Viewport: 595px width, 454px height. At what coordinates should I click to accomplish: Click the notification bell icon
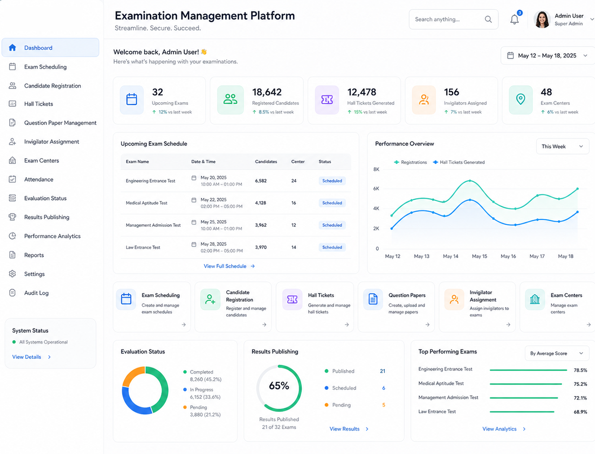pos(514,19)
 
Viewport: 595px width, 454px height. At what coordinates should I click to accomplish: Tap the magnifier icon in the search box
pos(488,19)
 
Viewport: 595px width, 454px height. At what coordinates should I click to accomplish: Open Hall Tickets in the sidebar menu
pos(39,104)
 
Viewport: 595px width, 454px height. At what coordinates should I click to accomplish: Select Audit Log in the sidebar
pos(36,293)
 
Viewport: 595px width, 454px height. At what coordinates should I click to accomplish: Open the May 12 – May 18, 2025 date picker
pos(547,56)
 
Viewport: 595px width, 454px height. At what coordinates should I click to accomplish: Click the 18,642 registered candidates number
pos(267,92)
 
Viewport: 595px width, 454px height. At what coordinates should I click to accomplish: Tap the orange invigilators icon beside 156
pos(424,100)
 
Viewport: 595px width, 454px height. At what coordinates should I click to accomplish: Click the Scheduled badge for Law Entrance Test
pos(332,247)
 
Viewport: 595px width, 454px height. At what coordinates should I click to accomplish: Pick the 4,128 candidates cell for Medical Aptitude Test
pos(260,203)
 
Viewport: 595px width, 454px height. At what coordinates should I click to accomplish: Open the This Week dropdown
pos(563,146)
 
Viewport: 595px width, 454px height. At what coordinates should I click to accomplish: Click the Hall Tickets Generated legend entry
pos(459,162)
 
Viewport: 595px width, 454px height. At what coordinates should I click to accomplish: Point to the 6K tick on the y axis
pos(376,189)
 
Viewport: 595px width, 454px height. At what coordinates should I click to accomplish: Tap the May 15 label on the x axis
pos(479,256)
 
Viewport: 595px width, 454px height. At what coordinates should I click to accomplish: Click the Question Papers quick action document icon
pos(373,299)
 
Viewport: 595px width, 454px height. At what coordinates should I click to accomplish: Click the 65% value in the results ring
pos(279,386)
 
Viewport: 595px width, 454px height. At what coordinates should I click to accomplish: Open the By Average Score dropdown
pos(557,354)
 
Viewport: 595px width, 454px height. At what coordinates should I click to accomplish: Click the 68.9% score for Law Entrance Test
pos(580,412)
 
